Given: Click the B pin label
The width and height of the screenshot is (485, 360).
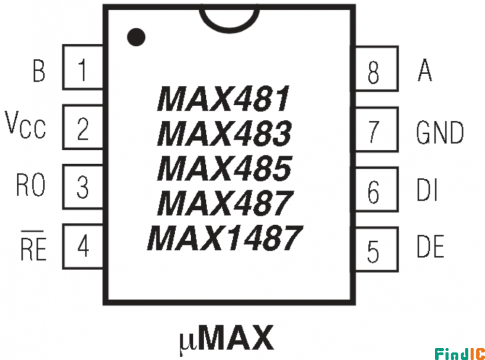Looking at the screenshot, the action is point(39,70).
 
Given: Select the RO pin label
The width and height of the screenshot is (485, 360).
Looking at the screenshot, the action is point(31,185).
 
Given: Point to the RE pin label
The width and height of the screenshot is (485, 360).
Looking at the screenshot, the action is point(33,245).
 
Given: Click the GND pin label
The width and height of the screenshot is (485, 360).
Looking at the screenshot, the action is point(440,132).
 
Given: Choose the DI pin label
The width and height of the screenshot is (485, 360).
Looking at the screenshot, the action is point(427,189).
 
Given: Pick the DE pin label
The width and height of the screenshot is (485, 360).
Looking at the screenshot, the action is point(430,246).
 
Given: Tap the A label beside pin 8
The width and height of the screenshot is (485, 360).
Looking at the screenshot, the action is point(425,70).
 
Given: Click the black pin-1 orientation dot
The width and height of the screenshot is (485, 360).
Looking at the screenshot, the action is point(136,37).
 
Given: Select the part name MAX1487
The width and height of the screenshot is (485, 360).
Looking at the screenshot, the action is point(225,238).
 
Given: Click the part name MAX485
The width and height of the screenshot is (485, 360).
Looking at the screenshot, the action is point(224,168).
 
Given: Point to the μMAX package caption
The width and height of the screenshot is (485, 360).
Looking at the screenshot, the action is point(227,338).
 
